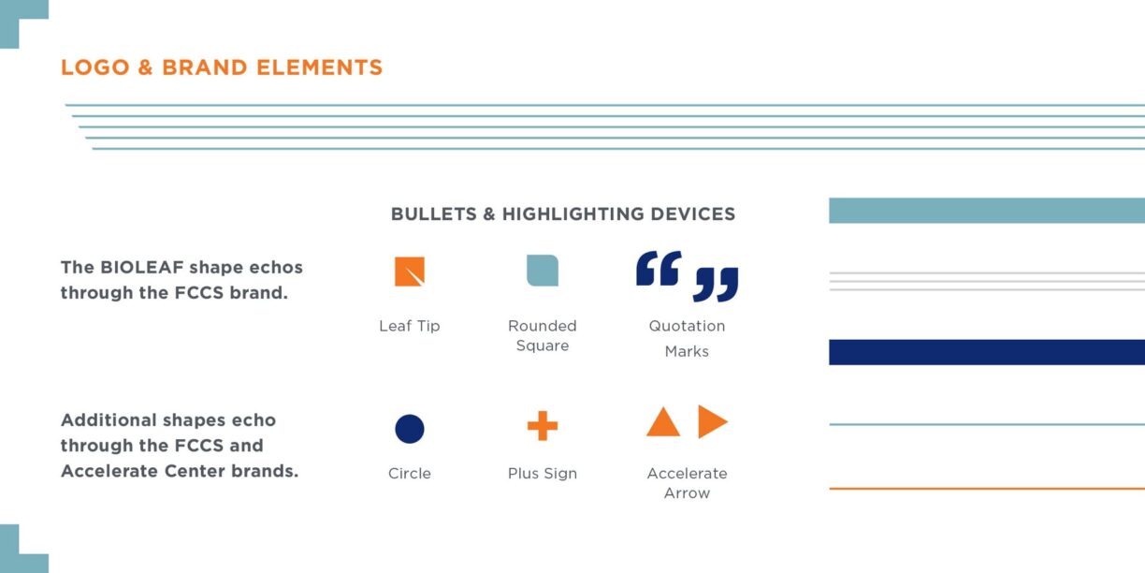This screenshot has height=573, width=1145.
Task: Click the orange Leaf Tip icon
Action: point(410,272)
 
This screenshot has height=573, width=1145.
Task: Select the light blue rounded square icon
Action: point(543,271)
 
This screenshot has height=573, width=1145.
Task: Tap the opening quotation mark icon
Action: point(659,268)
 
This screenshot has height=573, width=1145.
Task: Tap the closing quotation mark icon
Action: point(716,285)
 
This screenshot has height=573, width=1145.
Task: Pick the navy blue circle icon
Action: point(410,429)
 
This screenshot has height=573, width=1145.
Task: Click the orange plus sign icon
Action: point(543,426)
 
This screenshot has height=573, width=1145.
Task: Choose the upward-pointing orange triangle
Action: point(663,421)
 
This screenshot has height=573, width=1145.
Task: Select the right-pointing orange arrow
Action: point(713,421)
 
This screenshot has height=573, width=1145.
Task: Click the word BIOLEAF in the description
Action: point(141,267)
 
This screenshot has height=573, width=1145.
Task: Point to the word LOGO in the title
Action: point(95,67)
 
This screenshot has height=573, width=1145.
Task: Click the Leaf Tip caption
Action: point(410,326)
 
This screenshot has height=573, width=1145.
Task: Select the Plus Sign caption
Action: point(543,474)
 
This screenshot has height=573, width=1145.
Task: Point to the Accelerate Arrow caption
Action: point(687,483)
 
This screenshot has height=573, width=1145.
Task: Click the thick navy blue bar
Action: point(987,352)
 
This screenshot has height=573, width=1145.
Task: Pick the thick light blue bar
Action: point(987,211)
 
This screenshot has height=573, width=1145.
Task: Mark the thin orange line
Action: point(987,489)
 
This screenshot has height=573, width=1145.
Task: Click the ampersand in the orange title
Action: point(146,67)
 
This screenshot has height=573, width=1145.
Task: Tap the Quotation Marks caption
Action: point(687,339)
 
